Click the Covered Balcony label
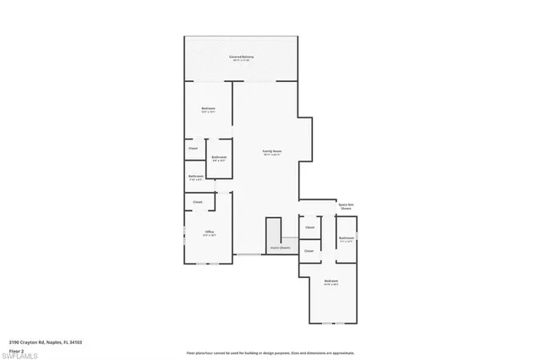tap(242, 57)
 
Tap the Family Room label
tap(271, 151)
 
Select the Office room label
tap(209, 231)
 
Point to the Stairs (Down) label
tap(280, 248)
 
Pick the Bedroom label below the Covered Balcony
tap(208, 108)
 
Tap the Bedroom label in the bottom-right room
tap(331, 281)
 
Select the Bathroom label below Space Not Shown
tap(347, 238)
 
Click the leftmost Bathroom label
tap(196, 176)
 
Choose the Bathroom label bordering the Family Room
tap(218, 157)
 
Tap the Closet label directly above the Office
tap(198, 202)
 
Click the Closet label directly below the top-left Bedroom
tap(193, 148)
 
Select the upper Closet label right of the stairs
tap(309, 227)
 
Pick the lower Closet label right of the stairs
tap(309, 250)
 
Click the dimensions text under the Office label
tap(209, 235)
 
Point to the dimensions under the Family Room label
tap(271, 155)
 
